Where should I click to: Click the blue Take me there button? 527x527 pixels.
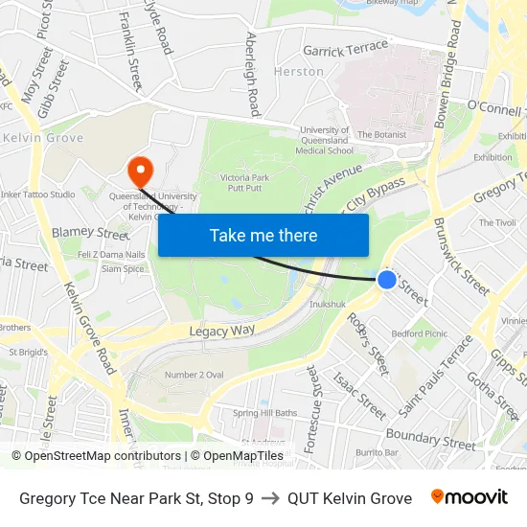point(263,235)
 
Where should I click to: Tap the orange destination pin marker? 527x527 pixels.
point(140,172)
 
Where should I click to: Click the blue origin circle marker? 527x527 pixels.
point(386,279)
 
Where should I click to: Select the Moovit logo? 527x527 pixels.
point(469,497)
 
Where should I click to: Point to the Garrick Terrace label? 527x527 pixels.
point(345,49)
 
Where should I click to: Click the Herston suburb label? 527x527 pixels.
point(298,72)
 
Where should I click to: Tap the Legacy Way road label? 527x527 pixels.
point(221,330)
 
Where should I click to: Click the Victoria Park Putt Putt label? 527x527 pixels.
point(249,183)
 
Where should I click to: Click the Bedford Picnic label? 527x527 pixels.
point(420,333)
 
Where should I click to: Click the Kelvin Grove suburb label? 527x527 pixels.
point(43,138)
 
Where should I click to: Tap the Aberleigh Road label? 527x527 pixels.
point(252,73)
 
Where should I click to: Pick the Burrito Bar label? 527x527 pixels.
point(377,451)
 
